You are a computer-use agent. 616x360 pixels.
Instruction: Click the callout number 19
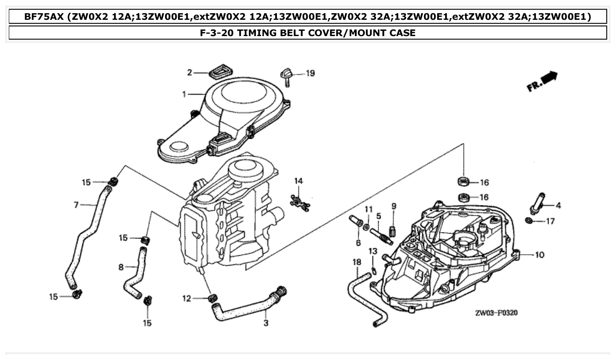[x=310, y=73]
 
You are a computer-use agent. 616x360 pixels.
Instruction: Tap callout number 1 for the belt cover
[x=184, y=94]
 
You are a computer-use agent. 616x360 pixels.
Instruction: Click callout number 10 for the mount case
[x=540, y=255]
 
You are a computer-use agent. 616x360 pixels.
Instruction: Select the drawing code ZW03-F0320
[x=496, y=313]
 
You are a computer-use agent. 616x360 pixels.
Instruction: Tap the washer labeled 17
[x=530, y=220]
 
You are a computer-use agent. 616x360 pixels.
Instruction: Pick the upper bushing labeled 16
[x=463, y=180]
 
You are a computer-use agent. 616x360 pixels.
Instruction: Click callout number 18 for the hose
[x=357, y=262]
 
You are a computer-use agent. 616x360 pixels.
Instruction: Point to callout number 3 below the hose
[x=266, y=323]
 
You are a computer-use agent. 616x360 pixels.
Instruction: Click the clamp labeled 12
[x=213, y=299]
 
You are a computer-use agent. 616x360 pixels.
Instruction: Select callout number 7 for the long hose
[x=76, y=204]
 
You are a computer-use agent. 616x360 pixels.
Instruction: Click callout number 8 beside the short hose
[x=121, y=267]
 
